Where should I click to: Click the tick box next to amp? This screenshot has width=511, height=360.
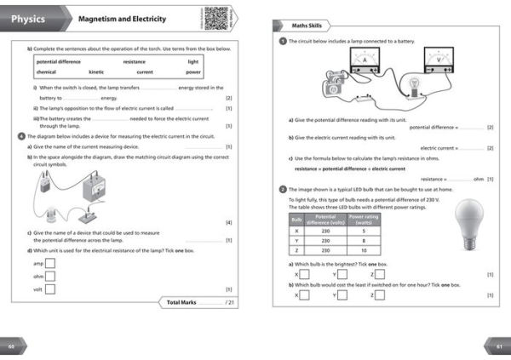click(49, 263)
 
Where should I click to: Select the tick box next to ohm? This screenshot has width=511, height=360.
click(49, 276)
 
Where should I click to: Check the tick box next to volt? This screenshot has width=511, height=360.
click(49, 289)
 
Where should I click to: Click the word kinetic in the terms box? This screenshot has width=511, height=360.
click(95, 71)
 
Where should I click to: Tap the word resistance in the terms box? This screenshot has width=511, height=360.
click(134, 61)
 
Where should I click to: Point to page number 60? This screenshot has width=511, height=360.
click(12, 346)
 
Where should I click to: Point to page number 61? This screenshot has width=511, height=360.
click(499, 346)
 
